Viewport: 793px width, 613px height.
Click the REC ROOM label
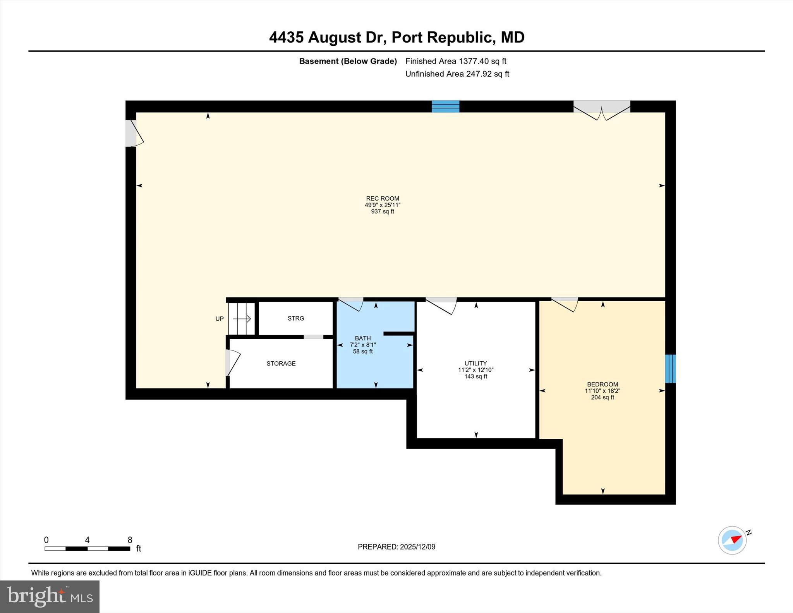click(382, 198)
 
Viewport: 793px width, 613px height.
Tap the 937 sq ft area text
click(382, 211)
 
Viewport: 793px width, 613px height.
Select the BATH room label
click(362, 338)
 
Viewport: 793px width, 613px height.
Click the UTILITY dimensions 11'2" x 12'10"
click(475, 370)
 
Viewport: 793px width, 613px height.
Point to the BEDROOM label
click(602, 384)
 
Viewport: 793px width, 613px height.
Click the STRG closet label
click(295, 318)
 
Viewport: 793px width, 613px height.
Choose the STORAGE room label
click(281, 363)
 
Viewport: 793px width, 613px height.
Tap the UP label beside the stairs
click(219, 319)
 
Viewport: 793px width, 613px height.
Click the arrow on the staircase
click(242, 319)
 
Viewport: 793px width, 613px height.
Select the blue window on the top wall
click(445, 106)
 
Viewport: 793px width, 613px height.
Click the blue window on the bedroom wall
click(670, 369)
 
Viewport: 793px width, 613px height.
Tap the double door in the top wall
click(602, 111)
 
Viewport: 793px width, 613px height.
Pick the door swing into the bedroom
click(566, 304)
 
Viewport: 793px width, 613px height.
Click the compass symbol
click(732, 540)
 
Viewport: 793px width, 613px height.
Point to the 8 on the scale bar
click(130, 540)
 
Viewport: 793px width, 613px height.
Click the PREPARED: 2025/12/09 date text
click(396, 547)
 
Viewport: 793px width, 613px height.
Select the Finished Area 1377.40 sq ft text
click(455, 61)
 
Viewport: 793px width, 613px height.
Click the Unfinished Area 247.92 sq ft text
click(457, 74)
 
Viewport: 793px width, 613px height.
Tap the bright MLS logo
click(50, 596)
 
